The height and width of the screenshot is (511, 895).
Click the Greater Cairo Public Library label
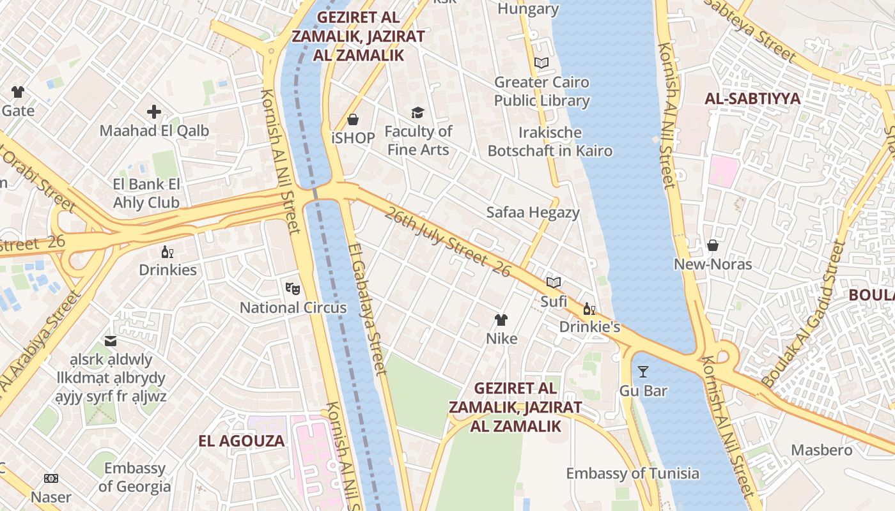541,91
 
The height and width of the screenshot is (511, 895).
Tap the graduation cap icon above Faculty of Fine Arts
417,113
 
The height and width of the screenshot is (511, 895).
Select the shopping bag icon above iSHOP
352,119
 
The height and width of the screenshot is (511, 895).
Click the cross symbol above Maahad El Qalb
154,112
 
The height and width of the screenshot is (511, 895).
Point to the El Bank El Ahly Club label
146,194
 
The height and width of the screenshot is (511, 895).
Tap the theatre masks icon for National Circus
293,289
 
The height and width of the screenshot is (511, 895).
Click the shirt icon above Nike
501,320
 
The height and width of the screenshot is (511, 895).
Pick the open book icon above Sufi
554,282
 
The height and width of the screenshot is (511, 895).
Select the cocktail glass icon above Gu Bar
643,372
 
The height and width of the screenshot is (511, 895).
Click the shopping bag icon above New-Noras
713,245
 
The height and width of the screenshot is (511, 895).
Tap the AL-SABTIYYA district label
752,99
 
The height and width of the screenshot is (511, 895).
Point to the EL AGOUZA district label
241,441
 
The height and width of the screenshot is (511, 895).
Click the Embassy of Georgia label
135,477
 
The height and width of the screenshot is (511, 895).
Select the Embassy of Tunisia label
632,473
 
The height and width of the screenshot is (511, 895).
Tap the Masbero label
821,450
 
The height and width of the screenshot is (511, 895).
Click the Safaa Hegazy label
533,212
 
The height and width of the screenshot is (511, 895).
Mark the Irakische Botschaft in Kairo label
550,142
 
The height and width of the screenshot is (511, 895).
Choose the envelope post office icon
111,340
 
